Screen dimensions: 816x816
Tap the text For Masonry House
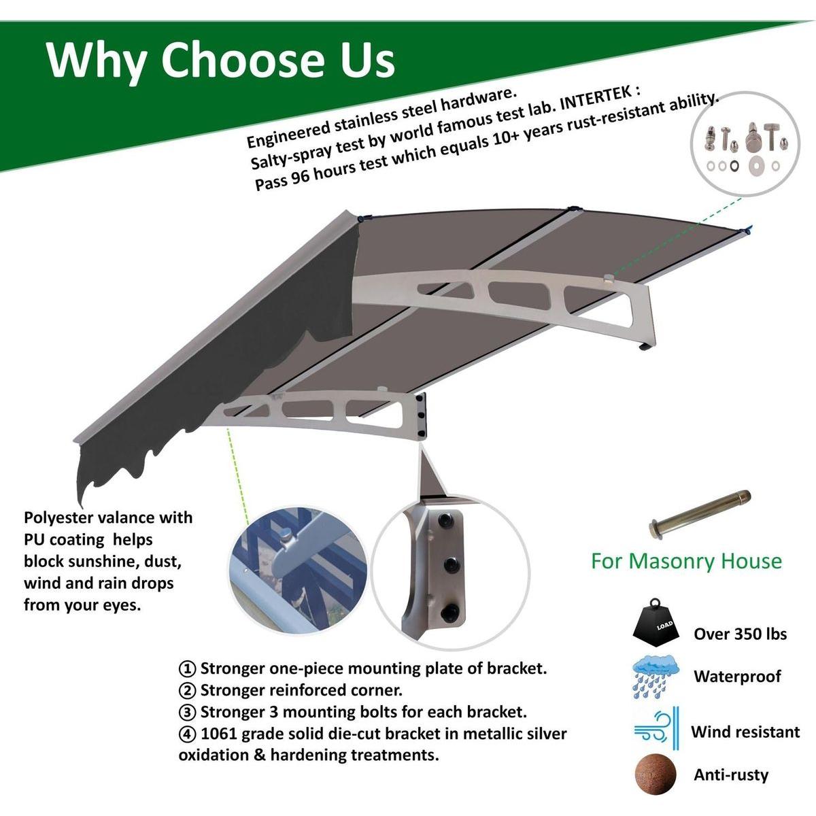686,562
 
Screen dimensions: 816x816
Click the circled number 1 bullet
187,669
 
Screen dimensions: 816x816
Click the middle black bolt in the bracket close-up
450,564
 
